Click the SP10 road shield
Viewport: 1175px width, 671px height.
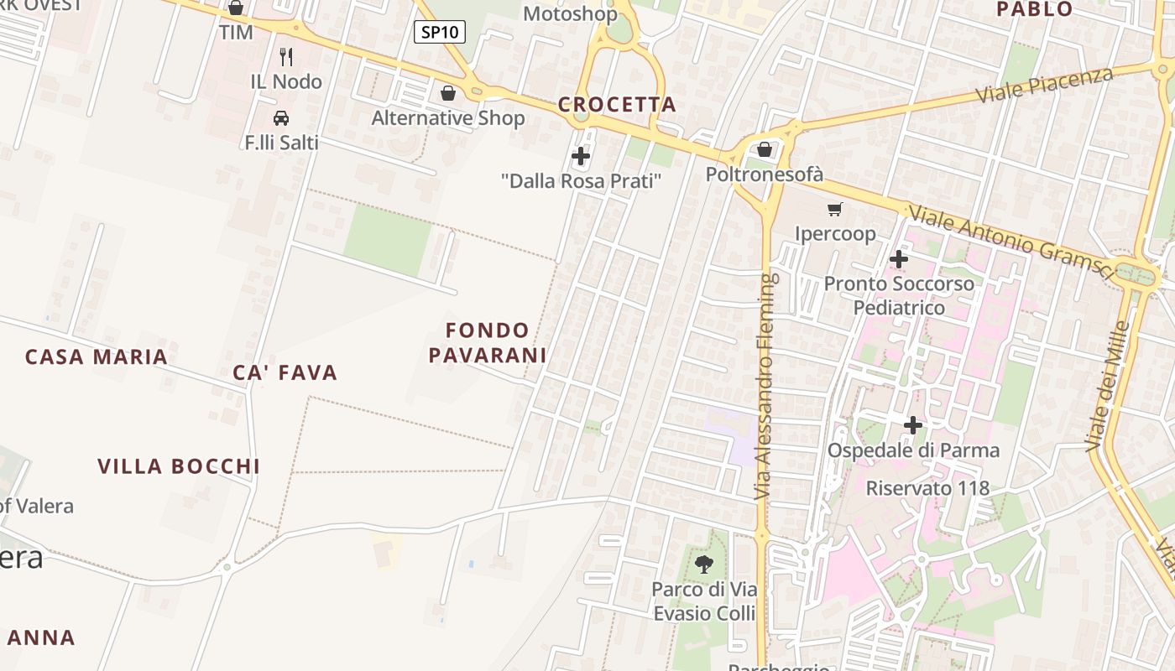(440, 32)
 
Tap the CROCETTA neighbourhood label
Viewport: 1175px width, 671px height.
(617, 105)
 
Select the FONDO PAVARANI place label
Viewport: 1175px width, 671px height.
(488, 342)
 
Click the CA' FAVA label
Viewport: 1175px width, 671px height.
(285, 372)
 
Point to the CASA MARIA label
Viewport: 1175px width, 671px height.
(97, 356)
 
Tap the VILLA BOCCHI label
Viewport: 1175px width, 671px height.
(179, 466)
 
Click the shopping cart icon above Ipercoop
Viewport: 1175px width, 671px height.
(834, 210)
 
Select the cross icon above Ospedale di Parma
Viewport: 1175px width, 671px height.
(913, 425)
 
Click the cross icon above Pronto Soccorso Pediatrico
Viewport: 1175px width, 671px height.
(899, 259)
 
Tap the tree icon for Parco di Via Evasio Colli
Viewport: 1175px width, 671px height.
(704, 564)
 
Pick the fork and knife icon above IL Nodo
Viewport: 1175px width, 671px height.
(286, 57)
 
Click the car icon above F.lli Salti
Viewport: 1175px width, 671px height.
(281, 118)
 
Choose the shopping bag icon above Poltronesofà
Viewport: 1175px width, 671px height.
(765, 150)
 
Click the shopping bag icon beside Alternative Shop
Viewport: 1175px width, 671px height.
(448, 93)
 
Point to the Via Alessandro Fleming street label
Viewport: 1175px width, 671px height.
(763, 387)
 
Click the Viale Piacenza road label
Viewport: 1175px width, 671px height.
(1045, 85)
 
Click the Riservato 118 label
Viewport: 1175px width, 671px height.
(927, 488)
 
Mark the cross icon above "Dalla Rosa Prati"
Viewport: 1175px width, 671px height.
(581, 156)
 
